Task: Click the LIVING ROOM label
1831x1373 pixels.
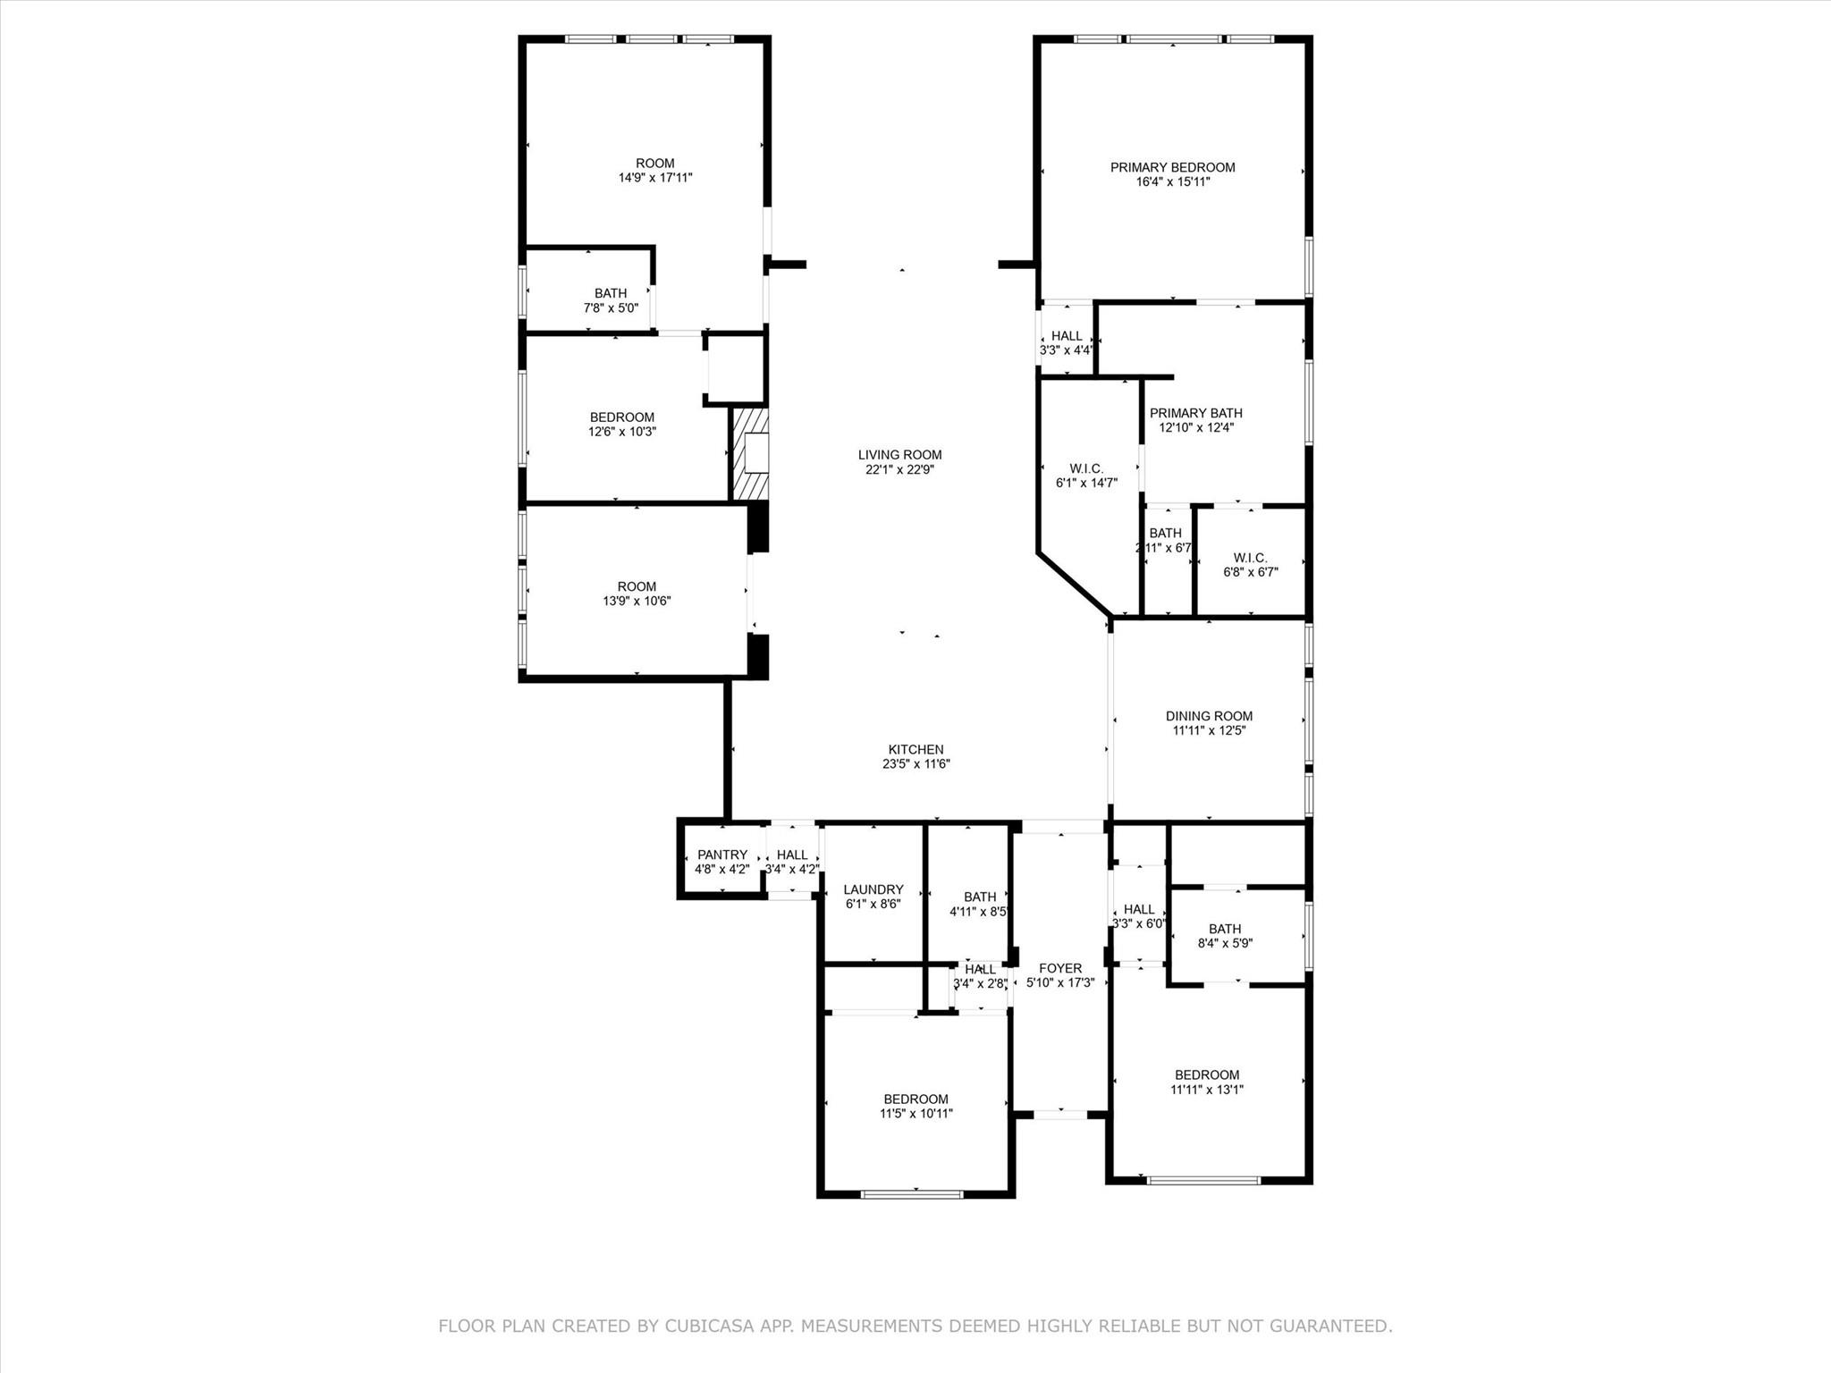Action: tap(899, 455)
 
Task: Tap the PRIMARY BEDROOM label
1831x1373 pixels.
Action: tap(1172, 167)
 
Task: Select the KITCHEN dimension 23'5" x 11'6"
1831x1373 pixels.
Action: tap(915, 764)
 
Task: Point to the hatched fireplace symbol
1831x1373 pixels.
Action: tap(750, 453)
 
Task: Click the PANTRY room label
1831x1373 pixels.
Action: tap(721, 855)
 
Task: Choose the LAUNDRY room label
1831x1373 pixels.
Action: tap(873, 889)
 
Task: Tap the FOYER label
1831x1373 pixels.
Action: tap(1060, 968)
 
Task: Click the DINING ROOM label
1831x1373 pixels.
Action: tap(1209, 716)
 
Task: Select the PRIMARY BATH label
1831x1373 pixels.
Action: tap(1195, 413)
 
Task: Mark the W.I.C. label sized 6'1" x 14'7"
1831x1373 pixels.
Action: tap(1086, 468)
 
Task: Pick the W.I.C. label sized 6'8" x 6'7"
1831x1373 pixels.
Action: tap(1250, 558)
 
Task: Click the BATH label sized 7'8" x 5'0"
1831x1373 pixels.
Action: tap(611, 293)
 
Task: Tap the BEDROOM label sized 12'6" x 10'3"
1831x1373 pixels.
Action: tap(621, 417)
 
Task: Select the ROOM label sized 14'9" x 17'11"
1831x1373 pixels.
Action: tap(654, 164)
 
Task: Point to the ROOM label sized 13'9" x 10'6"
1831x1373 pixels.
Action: tap(637, 587)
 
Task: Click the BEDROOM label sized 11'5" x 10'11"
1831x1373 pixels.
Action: tap(915, 1099)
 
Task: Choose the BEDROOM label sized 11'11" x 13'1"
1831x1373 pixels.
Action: tap(1207, 1075)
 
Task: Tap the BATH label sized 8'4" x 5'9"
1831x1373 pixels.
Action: tap(1224, 929)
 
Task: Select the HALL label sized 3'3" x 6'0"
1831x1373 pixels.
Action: tap(1139, 909)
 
